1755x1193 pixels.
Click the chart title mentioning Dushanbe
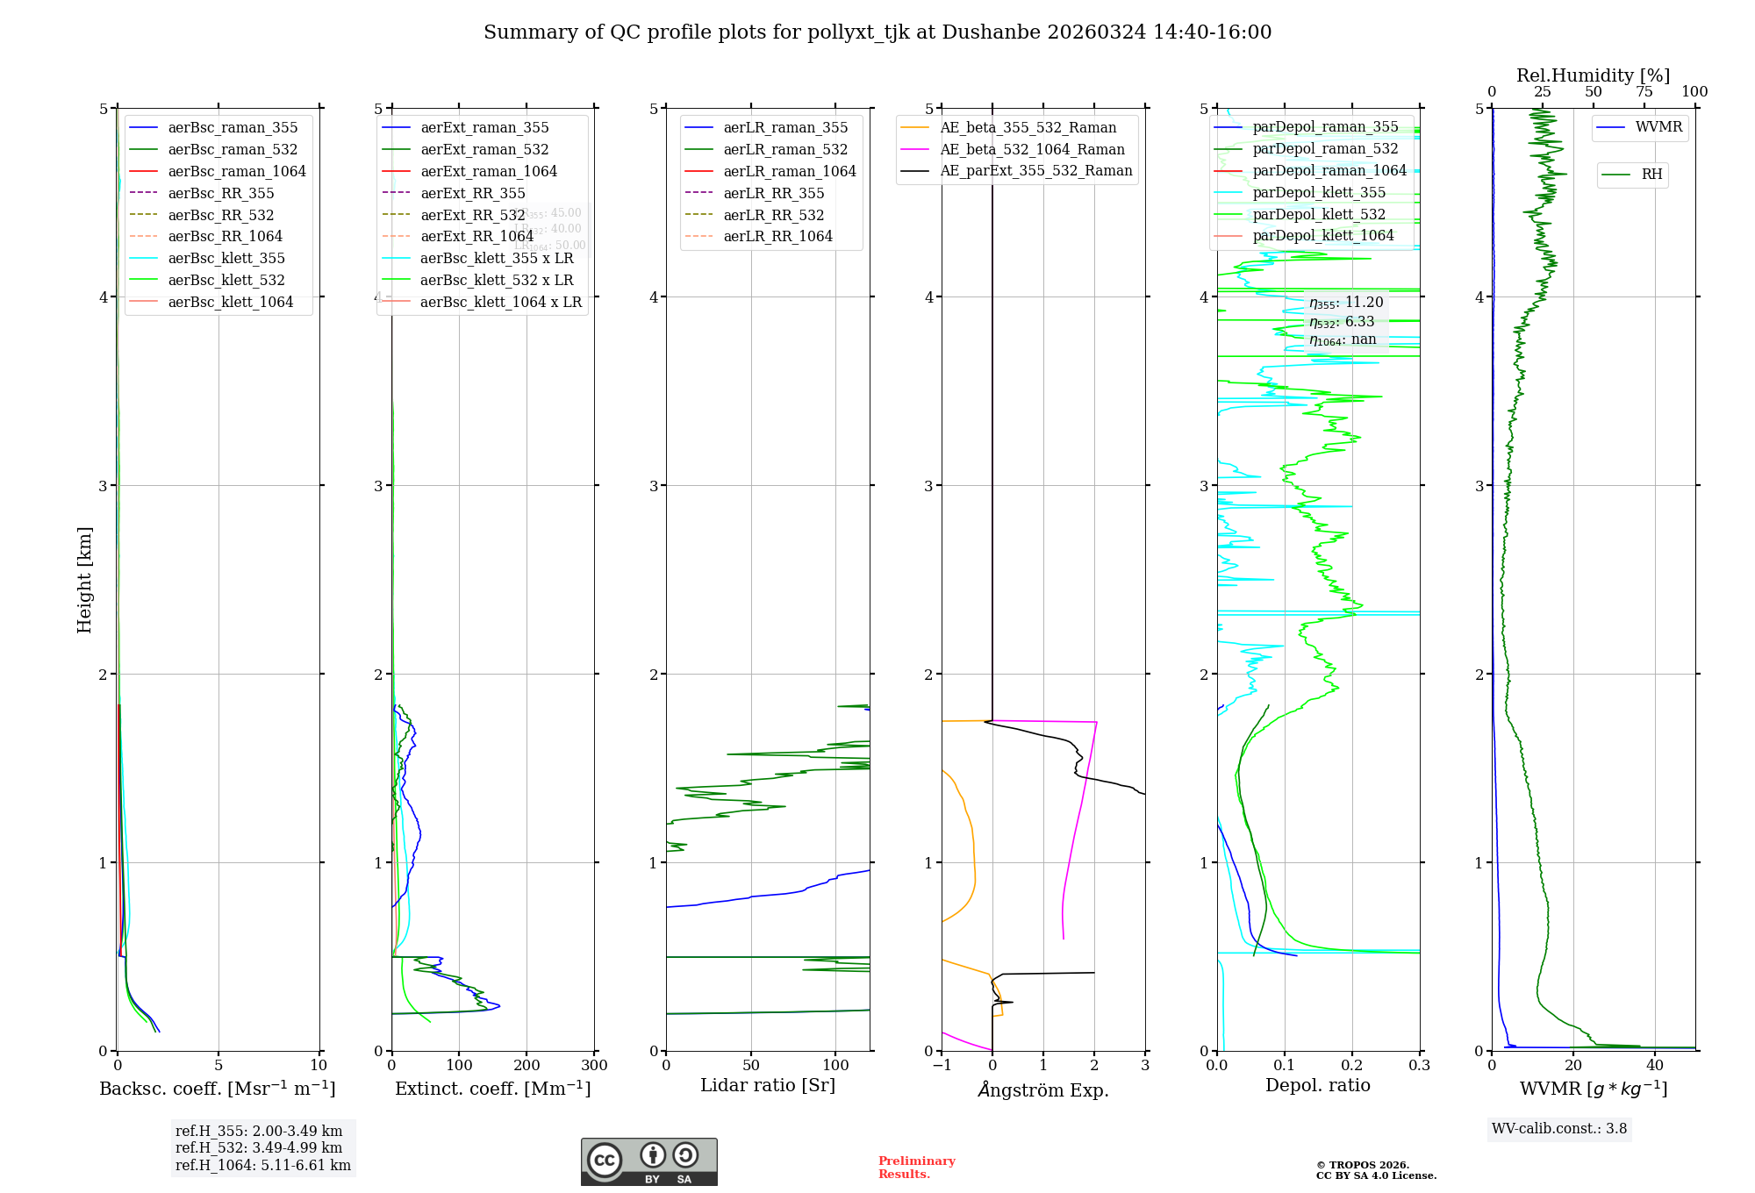point(877,32)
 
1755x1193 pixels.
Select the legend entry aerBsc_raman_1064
point(237,171)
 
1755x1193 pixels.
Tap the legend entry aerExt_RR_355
point(473,193)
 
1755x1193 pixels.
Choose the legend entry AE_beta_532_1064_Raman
point(1032,149)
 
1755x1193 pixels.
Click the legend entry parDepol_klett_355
point(1319,192)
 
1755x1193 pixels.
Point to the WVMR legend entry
point(1658,127)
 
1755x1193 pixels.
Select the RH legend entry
point(1651,175)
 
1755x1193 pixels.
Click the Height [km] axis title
point(84,579)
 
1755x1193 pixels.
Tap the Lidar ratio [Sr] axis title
point(768,1085)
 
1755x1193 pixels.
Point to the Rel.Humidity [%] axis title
point(1593,75)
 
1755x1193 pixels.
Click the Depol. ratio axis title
point(1317,1085)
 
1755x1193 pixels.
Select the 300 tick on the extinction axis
point(594,1065)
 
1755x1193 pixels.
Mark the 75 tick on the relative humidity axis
point(1644,92)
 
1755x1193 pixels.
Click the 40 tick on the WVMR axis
point(1655,1065)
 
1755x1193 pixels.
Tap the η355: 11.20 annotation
point(1346,303)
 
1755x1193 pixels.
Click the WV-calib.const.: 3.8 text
point(1559,1128)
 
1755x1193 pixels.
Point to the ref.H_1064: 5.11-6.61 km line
point(262,1165)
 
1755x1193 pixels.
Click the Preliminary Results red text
point(916,1167)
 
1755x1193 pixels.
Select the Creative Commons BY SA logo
point(648,1161)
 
